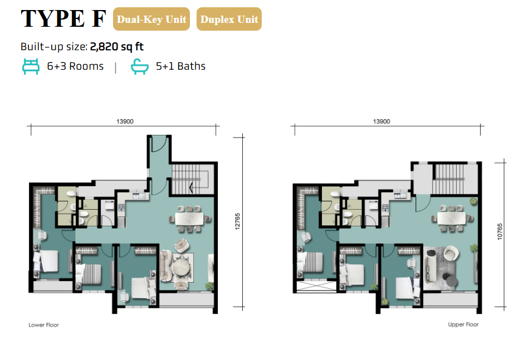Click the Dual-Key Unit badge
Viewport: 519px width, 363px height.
[x=151, y=19]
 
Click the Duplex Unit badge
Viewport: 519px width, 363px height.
[x=229, y=19]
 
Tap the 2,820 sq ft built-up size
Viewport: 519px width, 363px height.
[x=116, y=46]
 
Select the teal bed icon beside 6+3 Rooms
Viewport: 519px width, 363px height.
[x=31, y=66]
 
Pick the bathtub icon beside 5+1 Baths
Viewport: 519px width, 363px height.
[x=139, y=66]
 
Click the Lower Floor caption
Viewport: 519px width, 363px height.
[x=43, y=325]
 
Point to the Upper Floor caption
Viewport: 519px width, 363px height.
[x=463, y=324]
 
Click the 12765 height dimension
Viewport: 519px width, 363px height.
[x=237, y=221]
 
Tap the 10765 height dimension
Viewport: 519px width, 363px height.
[x=500, y=231]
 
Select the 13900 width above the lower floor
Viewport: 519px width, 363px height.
[x=125, y=122]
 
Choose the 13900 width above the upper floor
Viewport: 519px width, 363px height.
[x=381, y=122]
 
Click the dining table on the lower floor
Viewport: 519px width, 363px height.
[x=189, y=219]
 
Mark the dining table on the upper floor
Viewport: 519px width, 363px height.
[x=451, y=219]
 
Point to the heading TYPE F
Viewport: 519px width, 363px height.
[x=63, y=18]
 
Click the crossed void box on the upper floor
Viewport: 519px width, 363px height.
[x=316, y=286]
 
